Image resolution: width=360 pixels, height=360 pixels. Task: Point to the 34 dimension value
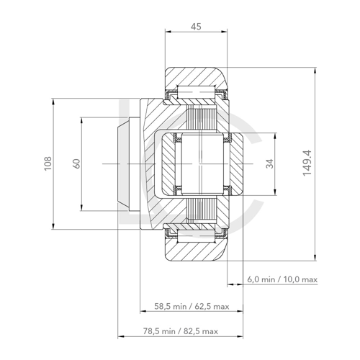269,164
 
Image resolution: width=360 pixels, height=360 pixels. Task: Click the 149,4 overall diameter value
307,164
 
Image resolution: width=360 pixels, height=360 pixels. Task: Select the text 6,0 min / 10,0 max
282,279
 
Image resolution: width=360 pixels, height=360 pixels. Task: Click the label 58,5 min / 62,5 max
192,306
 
